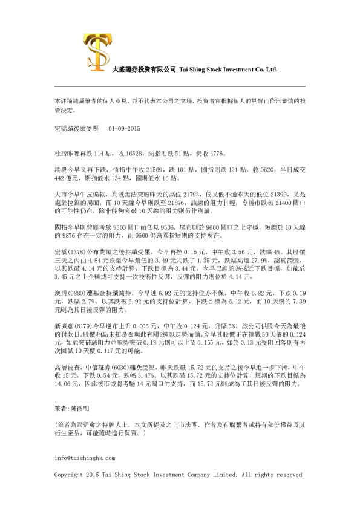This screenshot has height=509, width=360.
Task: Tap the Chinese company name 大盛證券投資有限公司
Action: click(136, 70)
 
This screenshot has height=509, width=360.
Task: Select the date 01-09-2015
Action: click(124, 129)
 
